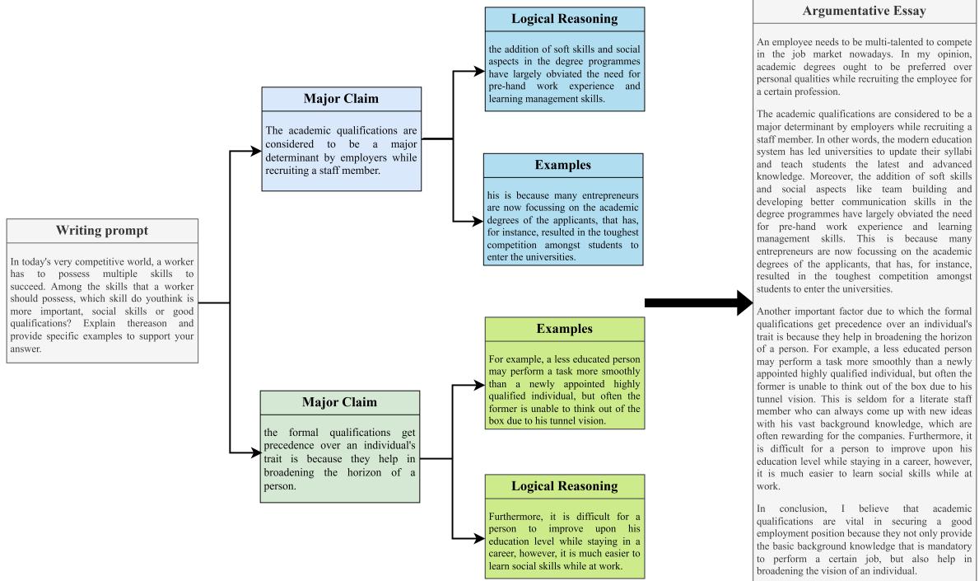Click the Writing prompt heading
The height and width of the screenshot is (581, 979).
click(102, 230)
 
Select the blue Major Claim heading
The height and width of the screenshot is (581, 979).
click(342, 100)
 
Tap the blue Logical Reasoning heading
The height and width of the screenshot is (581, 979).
click(565, 18)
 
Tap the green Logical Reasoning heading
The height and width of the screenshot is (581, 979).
click(565, 486)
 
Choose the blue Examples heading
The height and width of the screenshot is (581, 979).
click(565, 165)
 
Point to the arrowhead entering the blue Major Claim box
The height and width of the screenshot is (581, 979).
click(255, 152)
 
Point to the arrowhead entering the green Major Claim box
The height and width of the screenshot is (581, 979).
click(255, 453)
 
